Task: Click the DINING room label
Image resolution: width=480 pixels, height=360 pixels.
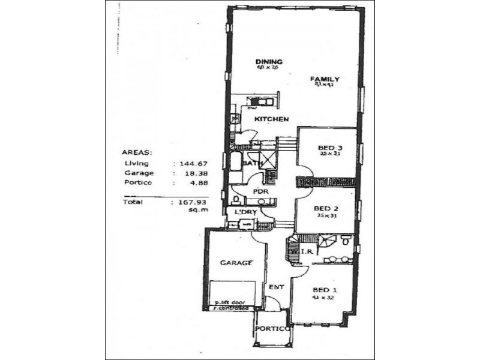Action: pyautogui.click(x=268, y=62)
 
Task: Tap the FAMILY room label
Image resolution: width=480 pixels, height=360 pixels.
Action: pyautogui.click(x=325, y=79)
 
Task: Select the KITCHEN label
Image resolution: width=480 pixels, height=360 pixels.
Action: pyautogui.click(x=271, y=119)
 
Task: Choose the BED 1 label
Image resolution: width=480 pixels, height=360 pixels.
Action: pyautogui.click(x=325, y=290)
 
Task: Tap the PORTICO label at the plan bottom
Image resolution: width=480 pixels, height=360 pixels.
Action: pyautogui.click(x=272, y=329)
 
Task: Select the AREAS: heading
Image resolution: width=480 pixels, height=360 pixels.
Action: pyautogui.click(x=137, y=152)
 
